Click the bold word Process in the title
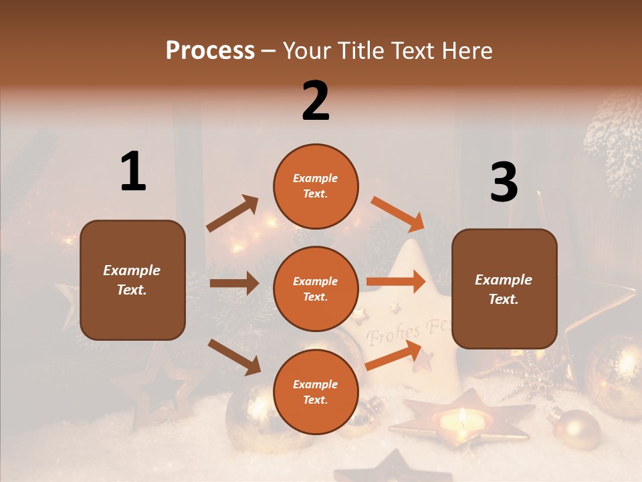210,51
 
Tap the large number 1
133,172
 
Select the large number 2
316,101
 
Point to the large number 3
504,182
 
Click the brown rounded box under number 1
132,280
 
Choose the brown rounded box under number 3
504,289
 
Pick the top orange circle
316,186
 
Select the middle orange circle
316,289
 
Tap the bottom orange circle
316,392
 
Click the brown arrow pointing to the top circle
232,214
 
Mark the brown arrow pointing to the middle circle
234,283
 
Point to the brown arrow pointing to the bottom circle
234,357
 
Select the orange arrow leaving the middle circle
396,282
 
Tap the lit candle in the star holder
462,419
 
